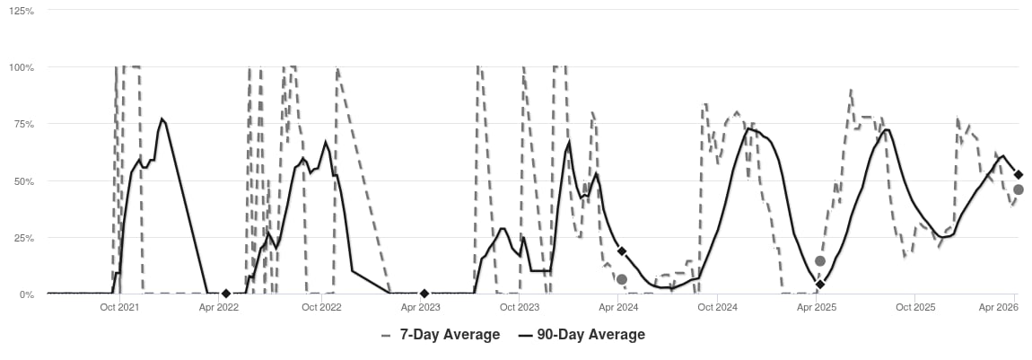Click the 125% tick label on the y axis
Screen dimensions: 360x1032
pos(21,11)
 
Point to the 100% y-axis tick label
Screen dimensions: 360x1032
pos(21,67)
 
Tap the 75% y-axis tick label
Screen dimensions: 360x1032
pos(22,124)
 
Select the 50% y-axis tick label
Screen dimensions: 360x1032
pos(22,181)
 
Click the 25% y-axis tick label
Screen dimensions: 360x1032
pos(22,238)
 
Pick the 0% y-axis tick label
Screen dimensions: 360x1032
pos(25,294)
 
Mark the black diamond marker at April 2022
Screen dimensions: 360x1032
pos(226,294)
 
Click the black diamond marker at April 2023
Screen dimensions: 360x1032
pos(424,294)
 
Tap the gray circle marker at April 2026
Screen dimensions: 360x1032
pos(1019,189)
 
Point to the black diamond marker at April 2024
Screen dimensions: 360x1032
pos(622,251)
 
